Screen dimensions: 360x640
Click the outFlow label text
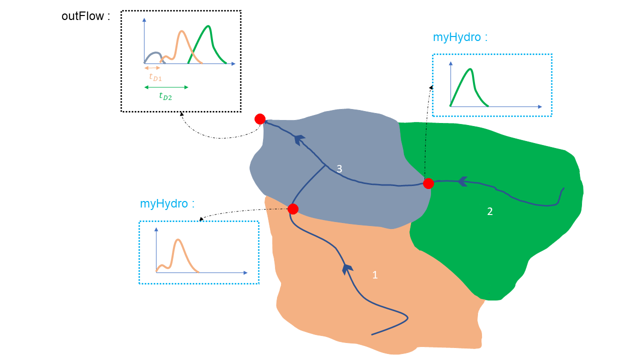pyautogui.click(x=85, y=16)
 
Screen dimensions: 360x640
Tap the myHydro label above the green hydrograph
pyautogui.click(x=460, y=37)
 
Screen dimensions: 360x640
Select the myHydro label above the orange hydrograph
pyautogui.click(x=167, y=203)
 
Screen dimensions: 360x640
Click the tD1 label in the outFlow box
pyautogui.click(x=155, y=77)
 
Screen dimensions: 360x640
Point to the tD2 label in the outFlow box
pyautogui.click(x=165, y=96)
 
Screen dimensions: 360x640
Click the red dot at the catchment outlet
pyautogui.click(x=260, y=119)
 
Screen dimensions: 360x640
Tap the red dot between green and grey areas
pyautogui.click(x=428, y=183)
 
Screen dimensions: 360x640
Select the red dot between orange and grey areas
pyautogui.click(x=293, y=209)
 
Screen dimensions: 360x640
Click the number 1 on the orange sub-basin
pyautogui.click(x=375, y=274)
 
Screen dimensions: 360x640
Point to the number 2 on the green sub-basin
pyautogui.click(x=490, y=211)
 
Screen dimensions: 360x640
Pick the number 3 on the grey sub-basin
pyautogui.click(x=339, y=169)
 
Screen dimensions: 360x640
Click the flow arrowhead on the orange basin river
pyautogui.click(x=345, y=268)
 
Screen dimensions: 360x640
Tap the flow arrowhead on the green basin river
pyautogui.click(x=462, y=181)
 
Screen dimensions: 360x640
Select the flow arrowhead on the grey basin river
pyautogui.click(x=299, y=139)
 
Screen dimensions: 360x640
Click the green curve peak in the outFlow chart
pyautogui.click(x=208, y=26)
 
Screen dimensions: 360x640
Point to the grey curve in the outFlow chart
pyautogui.click(x=155, y=52)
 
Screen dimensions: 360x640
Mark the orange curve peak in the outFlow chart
pyautogui.click(x=181, y=31)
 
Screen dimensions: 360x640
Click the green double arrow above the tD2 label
pyautogui.click(x=166, y=87)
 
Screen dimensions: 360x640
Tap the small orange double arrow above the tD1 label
pyautogui.click(x=152, y=67)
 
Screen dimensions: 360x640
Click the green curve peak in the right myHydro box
pyautogui.click(x=470, y=69)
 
